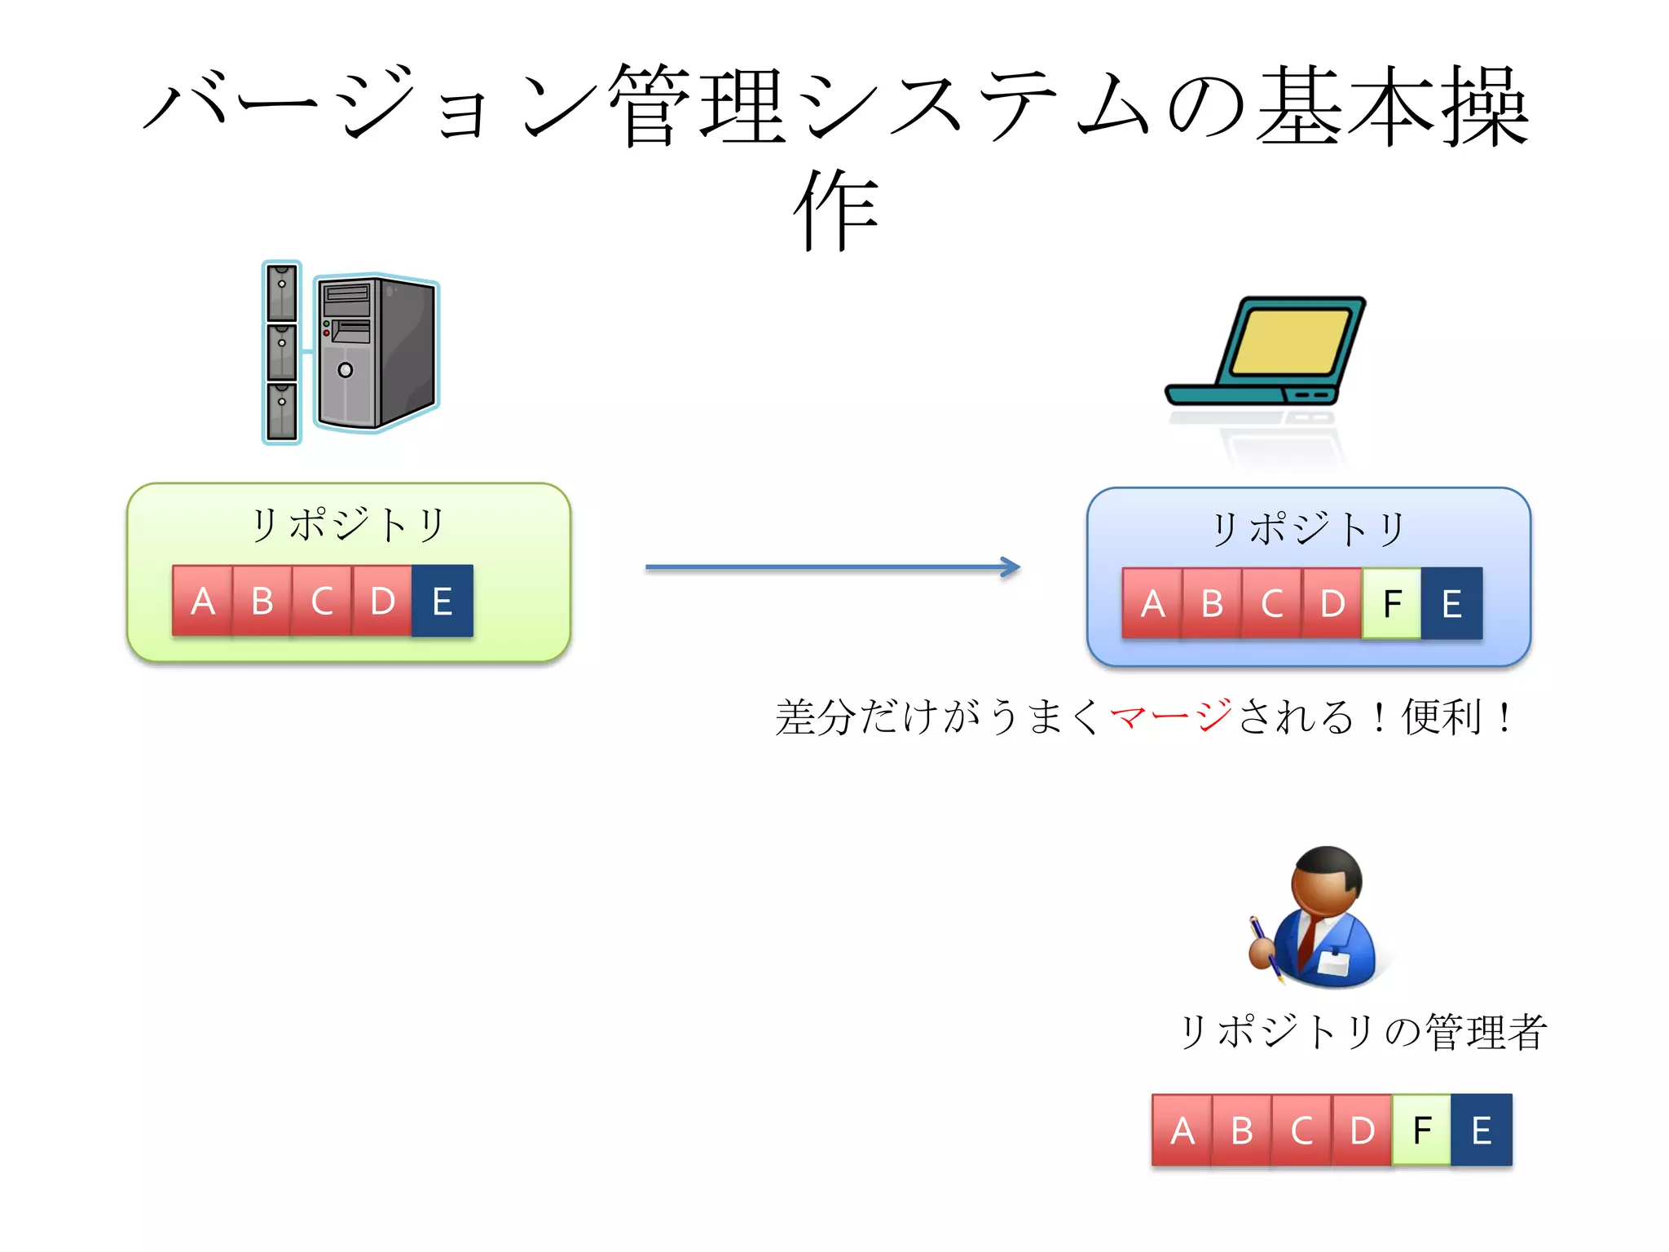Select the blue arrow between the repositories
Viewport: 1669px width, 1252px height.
[831, 567]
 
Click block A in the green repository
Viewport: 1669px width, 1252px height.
[202, 602]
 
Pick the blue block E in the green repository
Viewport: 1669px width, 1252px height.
[442, 602]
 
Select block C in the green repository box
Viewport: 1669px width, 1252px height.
[322, 602]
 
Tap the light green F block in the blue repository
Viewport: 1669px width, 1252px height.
[1391, 604]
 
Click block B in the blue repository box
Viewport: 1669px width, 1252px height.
[1212, 604]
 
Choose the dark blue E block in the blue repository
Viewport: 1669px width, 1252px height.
[1451, 604]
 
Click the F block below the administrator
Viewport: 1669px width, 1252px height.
[1421, 1131]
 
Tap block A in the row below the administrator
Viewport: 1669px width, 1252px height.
[1182, 1131]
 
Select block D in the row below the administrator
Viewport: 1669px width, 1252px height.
[1362, 1131]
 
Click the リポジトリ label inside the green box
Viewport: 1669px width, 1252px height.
[348, 524]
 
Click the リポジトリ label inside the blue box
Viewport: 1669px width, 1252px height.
[1308, 529]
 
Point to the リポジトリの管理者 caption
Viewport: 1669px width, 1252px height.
[1363, 1032]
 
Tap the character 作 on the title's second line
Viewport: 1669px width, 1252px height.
[836, 210]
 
